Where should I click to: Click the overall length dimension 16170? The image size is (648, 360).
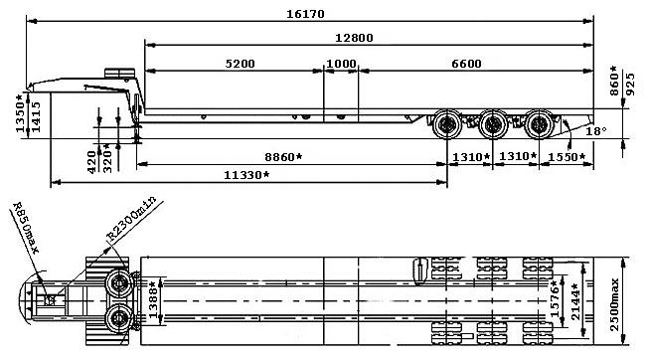click(x=305, y=14)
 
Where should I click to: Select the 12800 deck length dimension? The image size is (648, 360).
click(x=354, y=38)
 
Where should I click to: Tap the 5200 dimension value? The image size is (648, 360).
click(x=241, y=64)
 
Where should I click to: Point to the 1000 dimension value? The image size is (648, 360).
click(x=341, y=64)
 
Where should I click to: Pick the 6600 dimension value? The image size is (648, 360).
click(x=466, y=64)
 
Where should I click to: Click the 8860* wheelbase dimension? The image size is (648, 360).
click(x=283, y=157)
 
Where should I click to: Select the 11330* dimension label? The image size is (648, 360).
click(x=246, y=175)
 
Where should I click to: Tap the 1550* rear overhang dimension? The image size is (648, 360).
click(x=567, y=157)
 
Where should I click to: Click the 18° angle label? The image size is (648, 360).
click(x=596, y=131)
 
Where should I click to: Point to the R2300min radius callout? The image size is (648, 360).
click(x=132, y=219)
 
